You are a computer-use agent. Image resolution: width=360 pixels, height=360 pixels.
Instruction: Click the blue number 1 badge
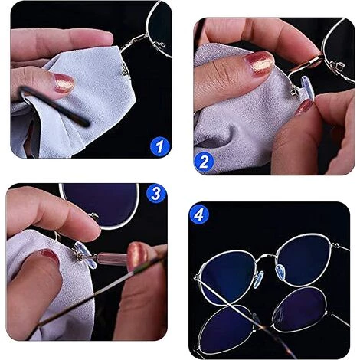(x=159, y=146)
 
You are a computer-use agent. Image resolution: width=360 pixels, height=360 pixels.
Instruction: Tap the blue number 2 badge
(x=204, y=161)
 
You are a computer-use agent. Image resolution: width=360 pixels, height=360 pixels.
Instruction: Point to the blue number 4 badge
(x=199, y=215)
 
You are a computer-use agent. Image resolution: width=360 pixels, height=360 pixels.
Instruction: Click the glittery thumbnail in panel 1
(x=64, y=83)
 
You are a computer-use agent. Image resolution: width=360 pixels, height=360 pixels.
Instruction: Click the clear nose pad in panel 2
(x=306, y=88)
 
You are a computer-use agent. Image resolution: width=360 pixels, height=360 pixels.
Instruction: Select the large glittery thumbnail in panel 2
(x=259, y=63)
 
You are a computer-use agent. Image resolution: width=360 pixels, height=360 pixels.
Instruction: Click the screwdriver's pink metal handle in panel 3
(x=113, y=258)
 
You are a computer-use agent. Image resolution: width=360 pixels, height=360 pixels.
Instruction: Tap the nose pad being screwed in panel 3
(x=84, y=255)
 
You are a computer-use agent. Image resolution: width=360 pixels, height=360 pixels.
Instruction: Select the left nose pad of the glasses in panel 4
(x=258, y=280)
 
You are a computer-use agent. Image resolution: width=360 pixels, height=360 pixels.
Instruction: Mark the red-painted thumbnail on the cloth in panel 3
(x=49, y=256)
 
